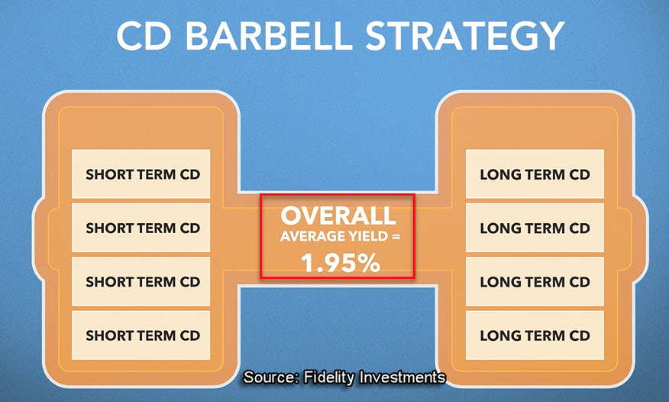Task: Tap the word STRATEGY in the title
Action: point(465,36)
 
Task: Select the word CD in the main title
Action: point(144,36)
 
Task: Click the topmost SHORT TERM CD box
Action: point(141,173)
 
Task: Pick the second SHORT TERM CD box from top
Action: point(141,228)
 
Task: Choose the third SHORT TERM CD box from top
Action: point(141,281)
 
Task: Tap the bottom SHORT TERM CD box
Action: point(141,335)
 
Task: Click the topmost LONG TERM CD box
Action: point(535,173)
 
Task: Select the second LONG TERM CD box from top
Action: point(535,228)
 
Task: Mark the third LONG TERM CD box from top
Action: point(535,281)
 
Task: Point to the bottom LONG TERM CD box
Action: point(535,335)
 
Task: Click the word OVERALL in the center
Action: point(338,216)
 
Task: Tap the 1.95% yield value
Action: point(340,262)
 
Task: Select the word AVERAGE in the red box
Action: point(307,236)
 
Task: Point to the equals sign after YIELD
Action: point(396,236)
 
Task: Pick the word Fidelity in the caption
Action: point(329,378)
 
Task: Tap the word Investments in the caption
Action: point(402,378)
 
